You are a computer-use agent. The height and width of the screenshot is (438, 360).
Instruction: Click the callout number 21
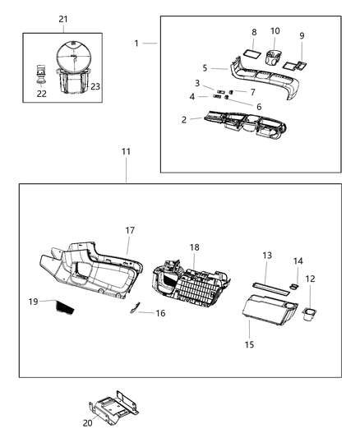[x=64, y=19]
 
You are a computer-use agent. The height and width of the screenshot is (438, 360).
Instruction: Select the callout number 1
[x=137, y=42]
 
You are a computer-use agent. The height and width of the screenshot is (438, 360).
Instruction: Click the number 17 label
[x=130, y=231]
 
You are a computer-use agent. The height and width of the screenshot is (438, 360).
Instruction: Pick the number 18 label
[x=195, y=247]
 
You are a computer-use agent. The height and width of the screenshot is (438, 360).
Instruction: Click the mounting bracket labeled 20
[x=114, y=408]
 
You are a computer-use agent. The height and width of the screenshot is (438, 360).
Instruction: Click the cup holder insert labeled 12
[x=311, y=314]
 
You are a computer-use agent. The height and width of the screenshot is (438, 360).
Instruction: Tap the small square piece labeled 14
[x=293, y=285]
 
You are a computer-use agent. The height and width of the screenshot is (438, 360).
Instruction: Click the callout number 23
[x=95, y=86]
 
